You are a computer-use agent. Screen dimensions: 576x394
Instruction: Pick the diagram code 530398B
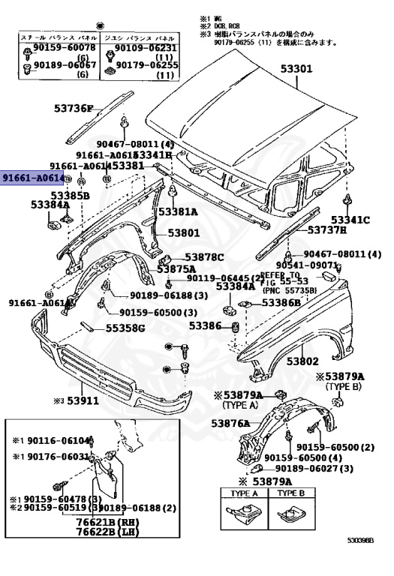click(x=365, y=560)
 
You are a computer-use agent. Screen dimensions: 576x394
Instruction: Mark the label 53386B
click(x=281, y=303)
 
